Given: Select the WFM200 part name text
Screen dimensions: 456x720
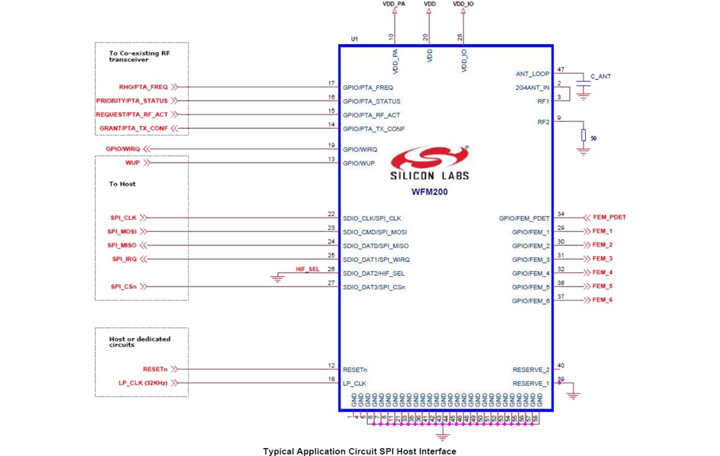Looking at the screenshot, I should pyautogui.click(x=429, y=191).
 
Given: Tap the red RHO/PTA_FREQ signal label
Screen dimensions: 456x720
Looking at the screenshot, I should pyautogui.click(x=143, y=87).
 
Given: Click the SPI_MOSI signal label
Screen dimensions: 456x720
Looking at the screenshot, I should pyautogui.click(x=122, y=231).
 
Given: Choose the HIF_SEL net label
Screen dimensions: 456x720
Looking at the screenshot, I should pyautogui.click(x=307, y=269).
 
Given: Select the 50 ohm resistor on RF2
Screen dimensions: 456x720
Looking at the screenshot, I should pyautogui.click(x=584, y=135).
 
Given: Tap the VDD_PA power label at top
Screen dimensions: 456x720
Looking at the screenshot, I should pyautogui.click(x=393, y=4).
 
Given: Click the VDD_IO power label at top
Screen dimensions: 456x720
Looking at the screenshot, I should pyautogui.click(x=463, y=4).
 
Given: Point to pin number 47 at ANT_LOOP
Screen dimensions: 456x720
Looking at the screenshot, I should pyautogui.click(x=560, y=69).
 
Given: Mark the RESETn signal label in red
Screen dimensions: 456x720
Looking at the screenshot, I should pyautogui.click(x=155, y=369).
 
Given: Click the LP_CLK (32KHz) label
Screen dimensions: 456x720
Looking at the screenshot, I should pyautogui.click(x=143, y=383).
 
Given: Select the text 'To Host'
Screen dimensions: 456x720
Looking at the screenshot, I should pyautogui.click(x=122, y=183).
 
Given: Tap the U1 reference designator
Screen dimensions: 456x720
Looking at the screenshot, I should pyautogui.click(x=354, y=39).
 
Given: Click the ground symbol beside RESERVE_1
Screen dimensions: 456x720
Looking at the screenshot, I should pyautogui.click(x=573, y=395).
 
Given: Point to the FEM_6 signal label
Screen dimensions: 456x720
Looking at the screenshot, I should pyautogui.click(x=602, y=300).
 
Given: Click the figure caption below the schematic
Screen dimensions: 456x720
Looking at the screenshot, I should pyautogui.click(x=359, y=451).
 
